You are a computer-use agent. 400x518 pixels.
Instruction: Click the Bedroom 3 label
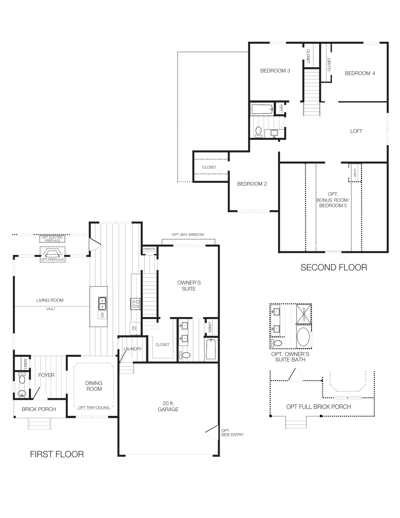coord(275,71)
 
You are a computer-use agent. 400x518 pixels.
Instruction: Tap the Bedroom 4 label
coord(360,73)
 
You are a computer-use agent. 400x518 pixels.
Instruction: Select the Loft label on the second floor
coord(356,131)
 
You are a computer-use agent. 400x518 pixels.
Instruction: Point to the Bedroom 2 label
coord(252,184)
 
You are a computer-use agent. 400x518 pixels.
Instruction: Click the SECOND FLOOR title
coord(334,267)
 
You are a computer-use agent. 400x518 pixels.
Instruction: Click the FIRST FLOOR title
coord(57,454)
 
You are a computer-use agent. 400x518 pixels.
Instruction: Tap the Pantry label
coord(149,249)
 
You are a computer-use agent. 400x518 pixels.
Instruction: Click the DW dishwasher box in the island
coord(102,315)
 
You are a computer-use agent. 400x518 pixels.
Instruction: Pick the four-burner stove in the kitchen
coord(136,304)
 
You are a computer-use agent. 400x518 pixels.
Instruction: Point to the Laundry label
coord(133,349)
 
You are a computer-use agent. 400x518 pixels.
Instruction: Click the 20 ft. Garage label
coord(168,407)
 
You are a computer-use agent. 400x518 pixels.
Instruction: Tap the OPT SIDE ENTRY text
coord(232,433)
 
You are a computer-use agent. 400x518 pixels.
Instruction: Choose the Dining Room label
coord(94,386)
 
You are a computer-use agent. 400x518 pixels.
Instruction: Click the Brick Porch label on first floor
coord(39,409)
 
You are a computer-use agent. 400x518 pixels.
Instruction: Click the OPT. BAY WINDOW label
coord(188,235)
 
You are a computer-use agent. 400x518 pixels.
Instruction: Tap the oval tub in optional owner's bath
coord(303,337)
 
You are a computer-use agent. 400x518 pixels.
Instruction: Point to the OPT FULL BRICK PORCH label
coord(318,407)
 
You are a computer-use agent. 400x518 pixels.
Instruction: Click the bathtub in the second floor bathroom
coord(262,109)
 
